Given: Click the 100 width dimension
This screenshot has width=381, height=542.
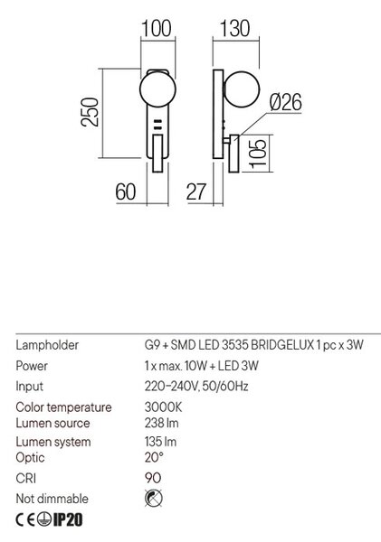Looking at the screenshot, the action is [x=157, y=28].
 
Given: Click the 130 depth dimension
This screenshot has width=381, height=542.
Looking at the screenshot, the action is [x=234, y=28].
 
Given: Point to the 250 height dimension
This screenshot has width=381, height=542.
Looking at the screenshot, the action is [x=90, y=112].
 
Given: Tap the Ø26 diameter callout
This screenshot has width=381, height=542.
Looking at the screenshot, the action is [x=285, y=102].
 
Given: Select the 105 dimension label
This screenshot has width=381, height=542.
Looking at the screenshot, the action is [x=258, y=154].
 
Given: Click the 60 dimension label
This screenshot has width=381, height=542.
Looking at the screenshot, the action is [x=126, y=192].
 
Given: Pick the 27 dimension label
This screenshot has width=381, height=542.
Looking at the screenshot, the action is [x=196, y=192].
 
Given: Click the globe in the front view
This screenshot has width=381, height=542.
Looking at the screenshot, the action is [x=157, y=89].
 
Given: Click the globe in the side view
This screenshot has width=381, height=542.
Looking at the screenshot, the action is [x=242, y=89].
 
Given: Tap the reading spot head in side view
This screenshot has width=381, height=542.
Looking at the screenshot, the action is [x=233, y=154].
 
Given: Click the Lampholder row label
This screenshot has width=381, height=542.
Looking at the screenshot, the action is [x=47, y=345].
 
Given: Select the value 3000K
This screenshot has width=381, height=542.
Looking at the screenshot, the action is [x=163, y=406].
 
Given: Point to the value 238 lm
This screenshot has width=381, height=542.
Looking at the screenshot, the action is [x=161, y=423].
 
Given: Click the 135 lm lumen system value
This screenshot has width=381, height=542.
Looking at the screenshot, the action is [x=160, y=442].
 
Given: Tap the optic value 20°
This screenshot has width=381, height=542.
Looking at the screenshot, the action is [x=154, y=457].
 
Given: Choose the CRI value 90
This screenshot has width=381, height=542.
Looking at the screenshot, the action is [x=153, y=478].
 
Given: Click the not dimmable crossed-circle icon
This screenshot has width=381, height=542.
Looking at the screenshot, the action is [x=154, y=499].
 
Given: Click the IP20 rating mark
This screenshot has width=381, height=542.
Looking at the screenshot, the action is [x=68, y=519].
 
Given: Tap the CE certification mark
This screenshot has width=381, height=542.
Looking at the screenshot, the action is [x=25, y=519].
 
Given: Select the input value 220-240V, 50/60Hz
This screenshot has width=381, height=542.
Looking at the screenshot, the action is [x=196, y=386].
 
